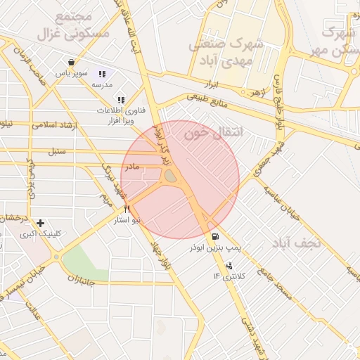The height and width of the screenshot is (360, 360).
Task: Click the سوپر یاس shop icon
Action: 71,62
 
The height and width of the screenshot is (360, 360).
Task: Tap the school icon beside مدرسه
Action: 102,74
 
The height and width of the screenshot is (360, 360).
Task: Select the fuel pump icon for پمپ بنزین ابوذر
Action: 214,236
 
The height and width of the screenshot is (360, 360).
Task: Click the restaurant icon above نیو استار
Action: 127,209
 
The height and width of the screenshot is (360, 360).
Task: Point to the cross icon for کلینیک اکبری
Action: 40,223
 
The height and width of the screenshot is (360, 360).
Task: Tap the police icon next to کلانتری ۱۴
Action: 230,266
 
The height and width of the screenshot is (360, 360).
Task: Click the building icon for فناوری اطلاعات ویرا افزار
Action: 121,101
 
